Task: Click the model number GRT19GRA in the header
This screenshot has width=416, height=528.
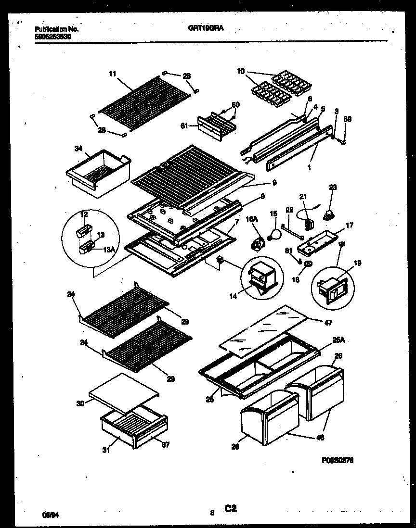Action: [x=206, y=28]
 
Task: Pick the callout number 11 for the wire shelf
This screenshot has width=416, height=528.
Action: [x=112, y=74]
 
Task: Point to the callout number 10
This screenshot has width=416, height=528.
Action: [x=241, y=72]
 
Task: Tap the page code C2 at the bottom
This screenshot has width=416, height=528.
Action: [x=231, y=508]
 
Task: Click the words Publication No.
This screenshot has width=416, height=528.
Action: [x=57, y=29]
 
